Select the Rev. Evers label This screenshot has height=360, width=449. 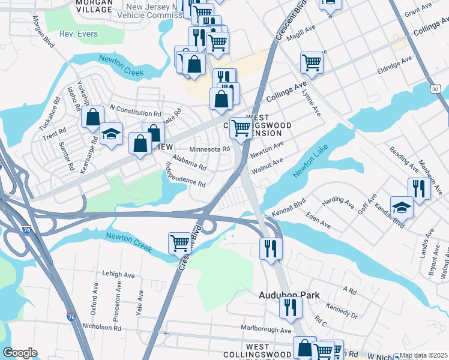coord(78,34)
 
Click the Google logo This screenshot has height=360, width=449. coord(20,353)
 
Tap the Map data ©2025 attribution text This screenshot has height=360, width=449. coord(424,355)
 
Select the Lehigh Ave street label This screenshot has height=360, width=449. coord(119,274)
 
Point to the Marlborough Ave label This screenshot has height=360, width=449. coord(266,329)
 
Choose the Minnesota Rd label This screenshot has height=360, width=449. coord(209,149)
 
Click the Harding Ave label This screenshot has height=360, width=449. coord(338,202)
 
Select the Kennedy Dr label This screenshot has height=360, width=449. coord(343,311)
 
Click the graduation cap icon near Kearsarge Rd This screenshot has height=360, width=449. coord(111,134)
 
